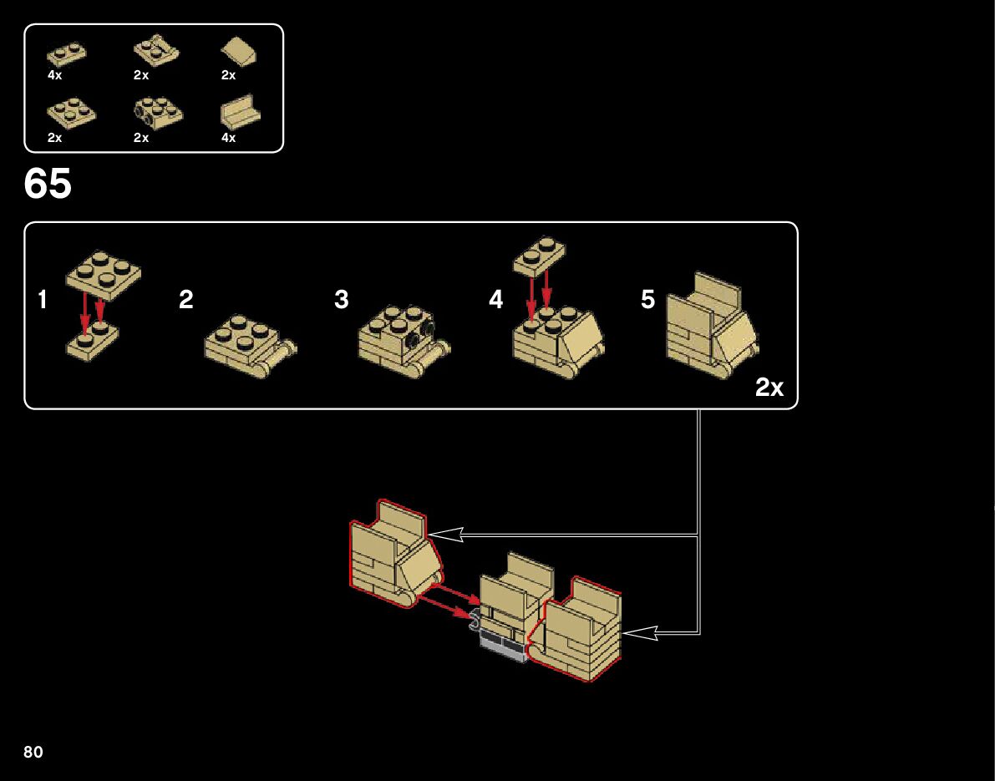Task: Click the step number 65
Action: pyautogui.click(x=48, y=185)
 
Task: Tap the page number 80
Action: pyautogui.click(x=33, y=753)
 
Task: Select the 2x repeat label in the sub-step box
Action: pyautogui.click(x=769, y=388)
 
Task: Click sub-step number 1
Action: pyautogui.click(x=43, y=300)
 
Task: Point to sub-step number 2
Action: pyautogui.click(x=186, y=300)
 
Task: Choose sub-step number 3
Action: pyautogui.click(x=341, y=300)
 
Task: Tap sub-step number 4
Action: pyautogui.click(x=496, y=300)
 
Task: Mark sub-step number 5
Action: pyautogui.click(x=648, y=300)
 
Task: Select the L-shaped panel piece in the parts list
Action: pyautogui.click(x=240, y=115)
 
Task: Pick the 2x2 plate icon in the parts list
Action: pyautogui.click(x=71, y=114)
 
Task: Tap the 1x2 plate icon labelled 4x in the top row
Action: pyautogui.click(x=67, y=54)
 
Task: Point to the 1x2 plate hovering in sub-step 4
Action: pyautogui.click(x=539, y=255)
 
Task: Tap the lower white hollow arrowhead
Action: pyautogui.click(x=639, y=634)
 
